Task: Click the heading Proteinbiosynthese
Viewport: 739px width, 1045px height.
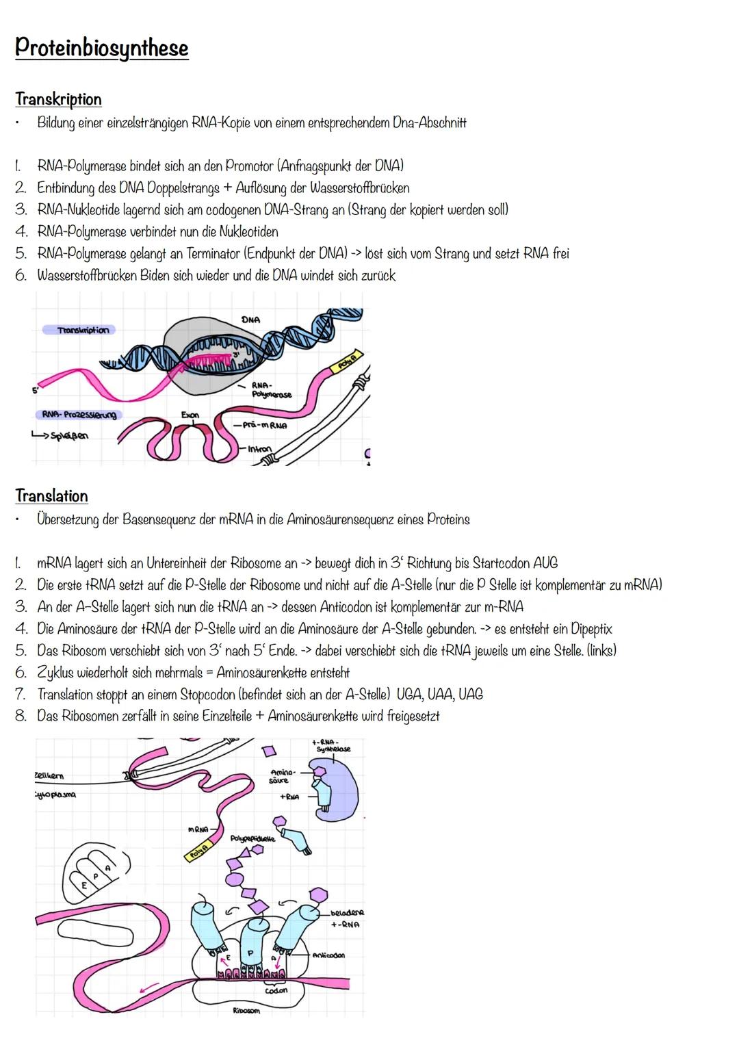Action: click(x=101, y=48)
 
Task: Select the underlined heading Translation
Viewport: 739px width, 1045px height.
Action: click(x=51, y=495)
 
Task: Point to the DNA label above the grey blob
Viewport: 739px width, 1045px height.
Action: click(x=250, y=320)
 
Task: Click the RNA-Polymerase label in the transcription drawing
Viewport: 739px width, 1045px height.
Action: click(x=271, y=390)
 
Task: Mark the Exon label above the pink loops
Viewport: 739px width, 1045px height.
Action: click(x=191, y=415)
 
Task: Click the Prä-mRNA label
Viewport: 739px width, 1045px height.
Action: click(x=264, y=425)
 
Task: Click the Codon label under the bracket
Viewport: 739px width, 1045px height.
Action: click(x=276, y=990)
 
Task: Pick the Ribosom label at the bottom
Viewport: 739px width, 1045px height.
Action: click(x=246, y=1010)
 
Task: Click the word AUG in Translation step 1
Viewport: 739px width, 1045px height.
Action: click(x=544, y=563)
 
